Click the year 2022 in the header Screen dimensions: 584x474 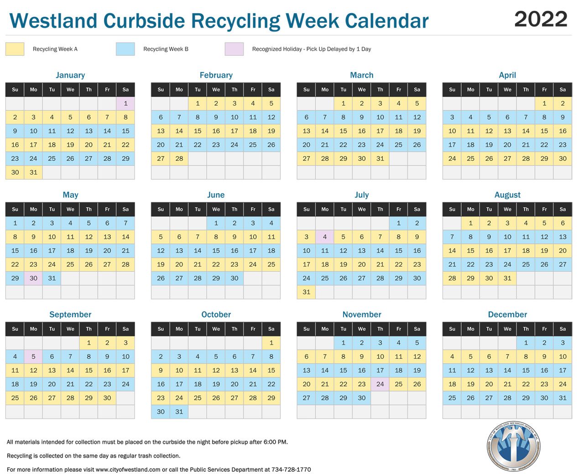pos(540,19)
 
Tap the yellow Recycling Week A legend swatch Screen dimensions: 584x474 pos(15,49)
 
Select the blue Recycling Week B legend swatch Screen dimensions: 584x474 pos(125,49)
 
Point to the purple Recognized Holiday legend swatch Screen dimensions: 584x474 pos(234,49)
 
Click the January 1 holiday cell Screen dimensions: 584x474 pos(125,103)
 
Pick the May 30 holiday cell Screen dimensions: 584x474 pos(33,278)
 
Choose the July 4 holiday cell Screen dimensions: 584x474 pos(325,237)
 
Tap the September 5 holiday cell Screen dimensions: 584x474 pos(33,356)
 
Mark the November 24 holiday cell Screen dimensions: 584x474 pos(380,384)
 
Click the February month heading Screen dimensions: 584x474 pos(216,75)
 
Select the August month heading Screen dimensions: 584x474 pos(507,195)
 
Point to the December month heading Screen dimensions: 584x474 pos(507,314)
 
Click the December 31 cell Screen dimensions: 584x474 pos(563,398)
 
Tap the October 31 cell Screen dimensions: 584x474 pos(179,412)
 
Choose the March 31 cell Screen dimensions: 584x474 pos(380,159)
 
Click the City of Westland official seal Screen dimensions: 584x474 pos(514,446)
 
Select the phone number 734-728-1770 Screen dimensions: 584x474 pos(291,469)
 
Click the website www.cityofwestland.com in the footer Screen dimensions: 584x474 pos(128,469)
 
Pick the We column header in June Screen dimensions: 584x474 pos(216,209)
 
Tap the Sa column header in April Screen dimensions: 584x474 pos(563,89)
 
